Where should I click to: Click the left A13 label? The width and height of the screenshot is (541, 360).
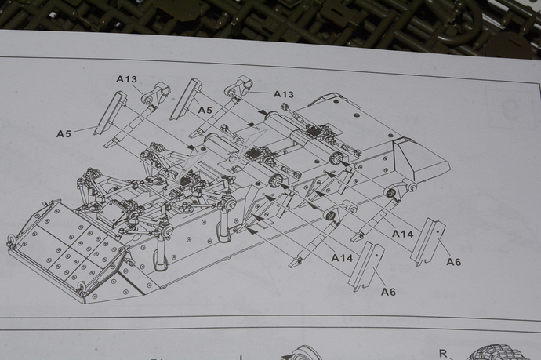[126, 78]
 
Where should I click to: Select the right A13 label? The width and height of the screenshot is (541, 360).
[283, 94]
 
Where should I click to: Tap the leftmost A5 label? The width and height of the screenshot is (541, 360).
[64, 133]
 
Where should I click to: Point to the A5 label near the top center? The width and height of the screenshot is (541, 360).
[205, 110]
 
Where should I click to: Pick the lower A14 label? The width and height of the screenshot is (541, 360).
[341, 257]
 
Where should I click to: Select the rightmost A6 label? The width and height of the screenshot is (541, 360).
[453, 261]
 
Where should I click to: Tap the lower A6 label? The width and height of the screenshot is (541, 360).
[388, 292]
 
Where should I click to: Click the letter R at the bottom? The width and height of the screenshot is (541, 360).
[443, 354]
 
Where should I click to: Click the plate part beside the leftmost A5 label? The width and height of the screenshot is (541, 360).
[111, 113]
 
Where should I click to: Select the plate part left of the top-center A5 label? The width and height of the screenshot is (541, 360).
[186, 97]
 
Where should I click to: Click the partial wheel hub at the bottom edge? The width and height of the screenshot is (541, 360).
[302, 353]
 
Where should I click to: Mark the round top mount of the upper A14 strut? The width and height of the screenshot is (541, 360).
[390, 193]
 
